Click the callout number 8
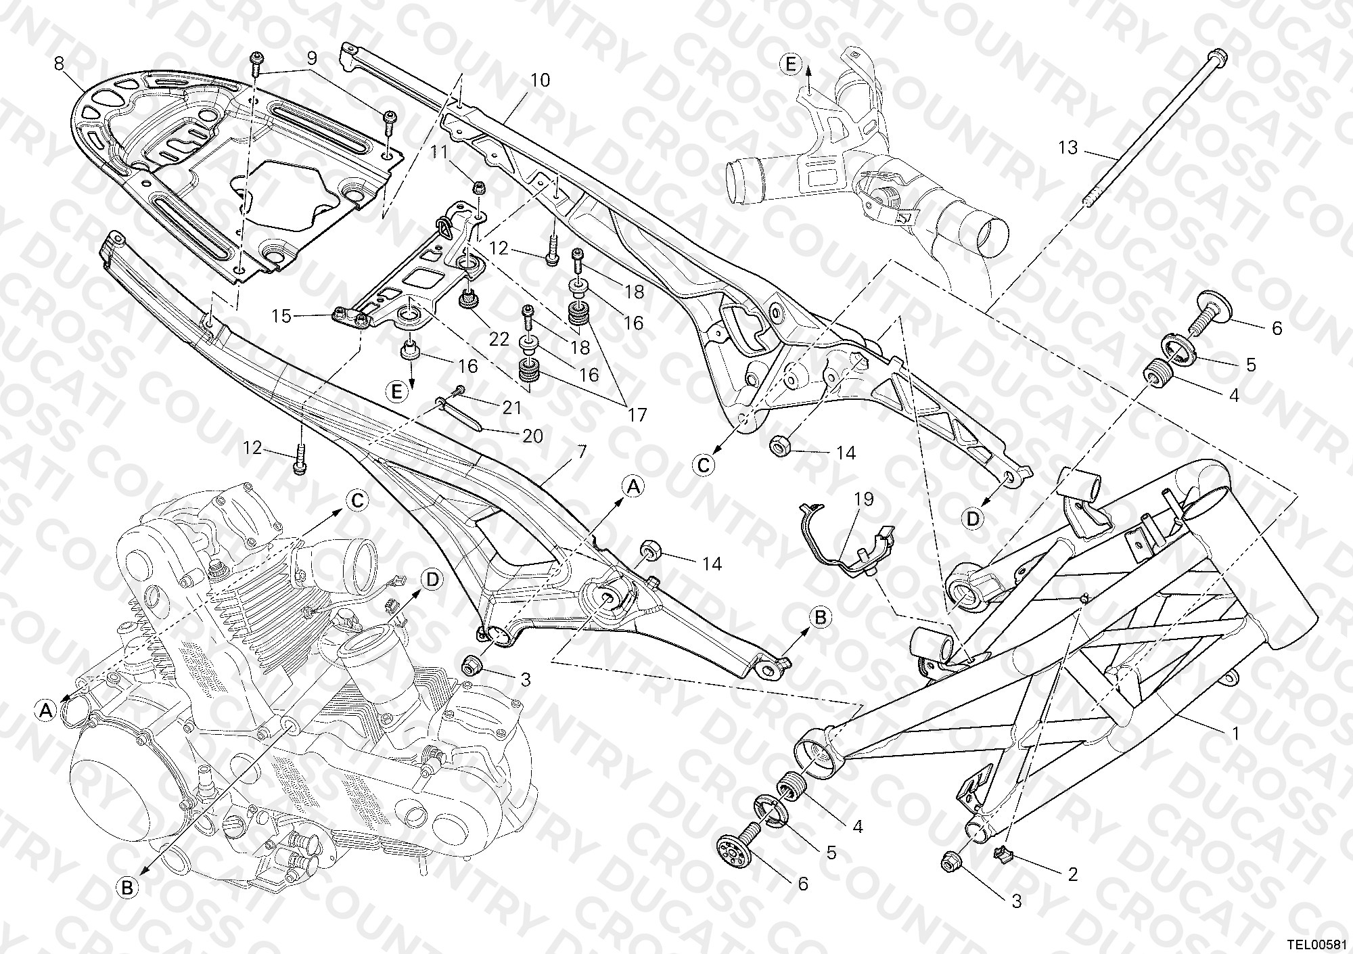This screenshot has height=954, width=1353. [59, 65]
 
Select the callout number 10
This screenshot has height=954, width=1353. [540, 81]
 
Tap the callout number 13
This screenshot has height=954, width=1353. [1068, 147]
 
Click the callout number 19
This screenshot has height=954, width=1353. [864, 499]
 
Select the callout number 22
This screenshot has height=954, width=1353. [499, 339]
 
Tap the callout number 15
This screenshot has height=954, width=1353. [281, 316]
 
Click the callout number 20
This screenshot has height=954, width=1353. [533, 436]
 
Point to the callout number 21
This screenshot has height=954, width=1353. [512, 408]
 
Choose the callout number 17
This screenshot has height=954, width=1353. [637, 414]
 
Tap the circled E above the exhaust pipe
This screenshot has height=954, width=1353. [789, 65]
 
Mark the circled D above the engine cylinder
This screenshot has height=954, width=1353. [430, 580]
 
